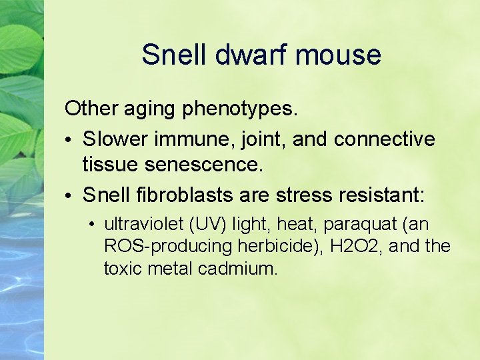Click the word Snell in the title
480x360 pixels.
(173, 55)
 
